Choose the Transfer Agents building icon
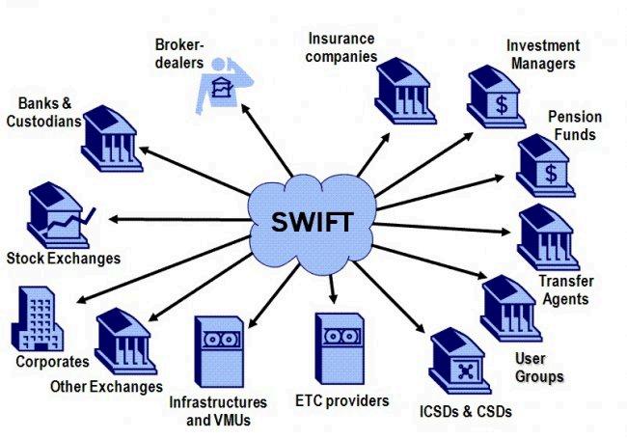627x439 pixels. (x=547, y=238)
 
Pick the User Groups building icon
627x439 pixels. (x=508, y=307)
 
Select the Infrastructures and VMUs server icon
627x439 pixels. (x=221, y=353)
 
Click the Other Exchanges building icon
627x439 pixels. (x=125, y=341)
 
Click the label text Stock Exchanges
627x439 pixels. (x=63, y=259)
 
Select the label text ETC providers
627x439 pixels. (x=341, y=399)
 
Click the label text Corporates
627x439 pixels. (x=52, y=363)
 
